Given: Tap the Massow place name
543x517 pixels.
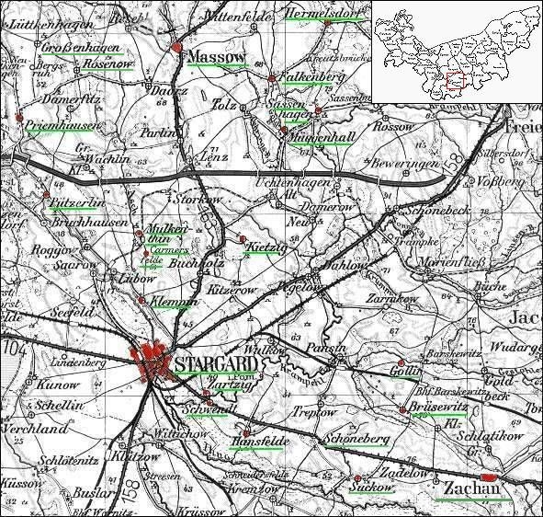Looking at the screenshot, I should click(x=217, y=59).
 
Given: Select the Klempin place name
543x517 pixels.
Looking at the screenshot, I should click(x=175, y=301).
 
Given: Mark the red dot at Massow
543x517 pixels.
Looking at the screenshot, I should click(x=176, y=46).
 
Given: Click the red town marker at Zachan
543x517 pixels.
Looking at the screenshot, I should click(x=490, y=477).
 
